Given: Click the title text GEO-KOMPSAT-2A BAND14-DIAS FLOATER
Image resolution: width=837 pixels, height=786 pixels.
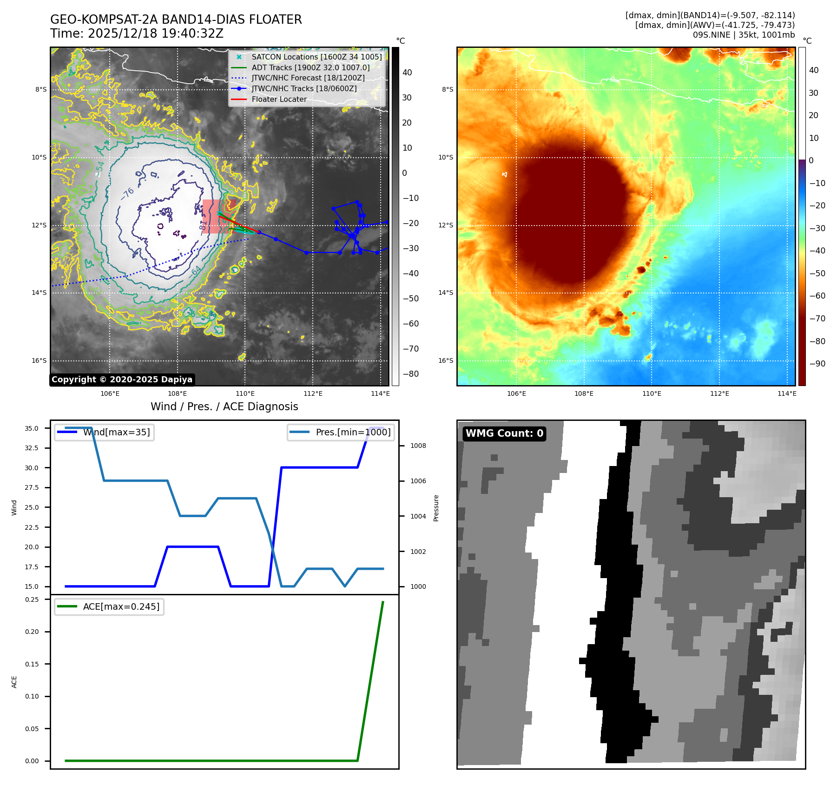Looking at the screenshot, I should (176, 20).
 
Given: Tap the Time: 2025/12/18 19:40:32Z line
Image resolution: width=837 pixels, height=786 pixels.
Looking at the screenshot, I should (137, 33).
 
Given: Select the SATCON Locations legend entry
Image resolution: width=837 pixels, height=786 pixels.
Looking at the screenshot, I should (316, 57).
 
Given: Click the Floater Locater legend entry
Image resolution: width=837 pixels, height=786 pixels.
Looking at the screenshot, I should (279, 99).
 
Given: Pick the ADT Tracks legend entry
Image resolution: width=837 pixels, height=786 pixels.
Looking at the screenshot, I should (310, 67).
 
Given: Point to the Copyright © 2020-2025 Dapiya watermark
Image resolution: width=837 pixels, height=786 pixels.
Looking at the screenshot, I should (122, 380).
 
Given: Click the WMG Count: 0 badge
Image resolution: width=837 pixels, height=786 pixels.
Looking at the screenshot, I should (504, 433).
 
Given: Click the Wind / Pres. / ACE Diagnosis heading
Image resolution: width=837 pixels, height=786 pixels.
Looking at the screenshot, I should (224, 406).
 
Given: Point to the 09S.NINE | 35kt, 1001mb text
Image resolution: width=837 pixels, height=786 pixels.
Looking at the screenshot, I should (744, 35).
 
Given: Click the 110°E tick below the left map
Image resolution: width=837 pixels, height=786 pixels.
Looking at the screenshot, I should (245, 393).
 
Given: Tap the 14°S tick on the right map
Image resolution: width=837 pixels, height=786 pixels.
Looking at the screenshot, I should (447, 293).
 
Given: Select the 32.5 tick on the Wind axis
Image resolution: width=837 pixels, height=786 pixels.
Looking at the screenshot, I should (32, 448).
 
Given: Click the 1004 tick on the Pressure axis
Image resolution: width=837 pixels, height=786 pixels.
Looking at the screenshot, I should (418, 516).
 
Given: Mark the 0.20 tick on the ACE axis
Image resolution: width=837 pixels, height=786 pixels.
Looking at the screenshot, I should (32, 632).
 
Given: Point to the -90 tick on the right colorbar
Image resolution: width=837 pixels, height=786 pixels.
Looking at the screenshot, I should (817, 364).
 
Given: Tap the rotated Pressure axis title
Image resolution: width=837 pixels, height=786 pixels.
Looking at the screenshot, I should (436, 508).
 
